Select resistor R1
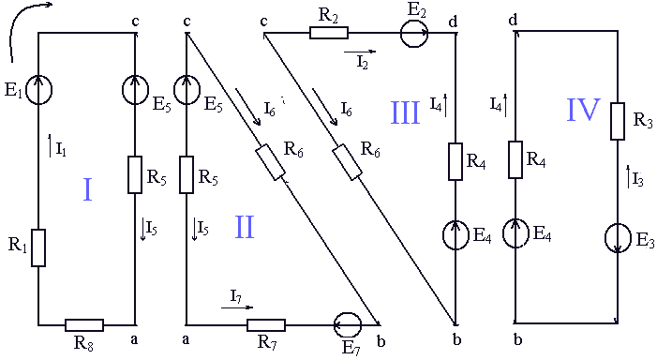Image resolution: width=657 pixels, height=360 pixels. (x=38, y=247)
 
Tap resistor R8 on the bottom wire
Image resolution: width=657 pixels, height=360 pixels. (x=84, y=325)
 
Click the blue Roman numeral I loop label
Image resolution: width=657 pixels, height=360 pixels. (x=87, y=190)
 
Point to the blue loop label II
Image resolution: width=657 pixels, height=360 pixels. (x=245, y=227)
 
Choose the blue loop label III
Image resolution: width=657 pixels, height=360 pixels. (x=405, y=112)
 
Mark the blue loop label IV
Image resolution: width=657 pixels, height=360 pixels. (x=584, y=110)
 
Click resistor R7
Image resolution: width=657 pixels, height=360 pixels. (x=266, y=325)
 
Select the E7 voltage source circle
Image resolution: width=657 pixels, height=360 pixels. (x=348, y=324)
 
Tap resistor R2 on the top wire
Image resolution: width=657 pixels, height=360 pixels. (x=329, y=33)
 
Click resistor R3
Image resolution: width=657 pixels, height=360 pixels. (x=618, y=121)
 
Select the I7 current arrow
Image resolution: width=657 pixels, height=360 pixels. (x=237, y=307)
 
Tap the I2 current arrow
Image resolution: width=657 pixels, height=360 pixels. (x=360, y=52)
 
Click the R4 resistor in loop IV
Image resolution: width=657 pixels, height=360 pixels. (x=515, y=159)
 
